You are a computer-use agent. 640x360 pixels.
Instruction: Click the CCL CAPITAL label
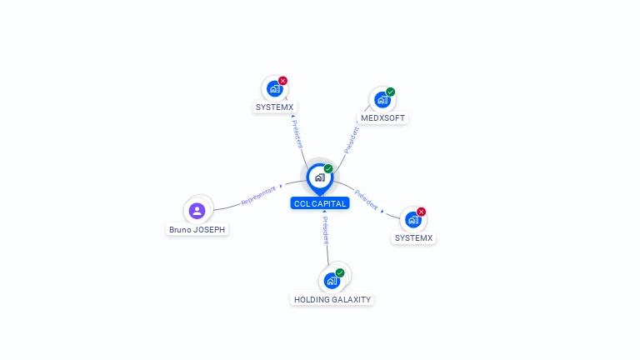[x=320, y=203]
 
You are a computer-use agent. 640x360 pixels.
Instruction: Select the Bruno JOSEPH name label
[x=197, y=229]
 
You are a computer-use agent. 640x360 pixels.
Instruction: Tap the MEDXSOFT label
[x=382, y=118]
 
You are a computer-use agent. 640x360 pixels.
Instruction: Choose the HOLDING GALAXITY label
[x=332, y=300]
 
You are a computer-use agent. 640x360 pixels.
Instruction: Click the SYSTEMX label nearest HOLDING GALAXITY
[x=413, y=238]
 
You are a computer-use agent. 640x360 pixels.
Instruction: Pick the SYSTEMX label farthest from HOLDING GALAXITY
[x=274, y=107]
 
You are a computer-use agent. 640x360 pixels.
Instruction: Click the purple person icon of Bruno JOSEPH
[x=197, y=211]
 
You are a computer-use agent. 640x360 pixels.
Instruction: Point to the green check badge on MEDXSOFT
[x=391, y=92]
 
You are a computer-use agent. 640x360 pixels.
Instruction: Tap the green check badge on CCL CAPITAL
[x=328, y=168]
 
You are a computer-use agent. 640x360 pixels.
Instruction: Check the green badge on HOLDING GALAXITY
[x=340, y=272]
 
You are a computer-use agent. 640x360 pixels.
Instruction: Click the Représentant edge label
[x=258, y=196]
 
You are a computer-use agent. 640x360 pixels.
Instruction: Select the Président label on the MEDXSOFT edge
[x=352, y=140]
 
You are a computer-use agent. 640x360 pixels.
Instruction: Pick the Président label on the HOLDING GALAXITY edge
[x=326, y=231]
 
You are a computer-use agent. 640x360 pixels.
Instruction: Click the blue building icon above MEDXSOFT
[x=382, y=100]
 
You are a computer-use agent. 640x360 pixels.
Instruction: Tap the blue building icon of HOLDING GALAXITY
[x=332, y=281]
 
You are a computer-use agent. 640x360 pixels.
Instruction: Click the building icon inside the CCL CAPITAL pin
[x=320, y=177]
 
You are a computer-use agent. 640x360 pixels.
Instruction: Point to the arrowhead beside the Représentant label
[x=281, y=186]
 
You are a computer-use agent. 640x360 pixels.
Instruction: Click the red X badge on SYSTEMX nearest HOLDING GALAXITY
[x=421, y=212]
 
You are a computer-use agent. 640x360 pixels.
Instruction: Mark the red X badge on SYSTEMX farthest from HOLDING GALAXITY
[x=282, y=81]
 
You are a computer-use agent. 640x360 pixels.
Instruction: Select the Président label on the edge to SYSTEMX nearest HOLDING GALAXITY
[x=366, y=200]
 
